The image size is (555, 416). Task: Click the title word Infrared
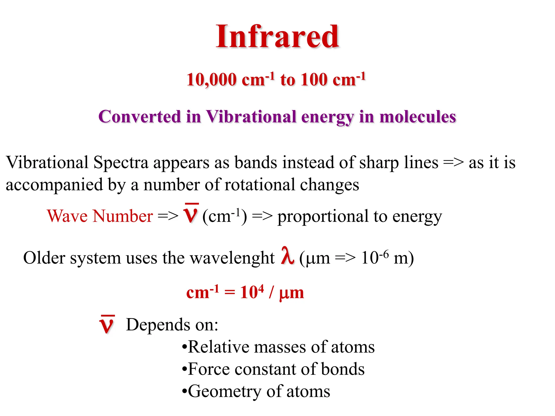pyautogui.click(x=277, y=37)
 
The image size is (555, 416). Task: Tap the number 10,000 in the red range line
pyautogui.click(x=211, y=80)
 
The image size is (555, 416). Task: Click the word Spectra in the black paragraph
pyautogui.click(x=121, y=162)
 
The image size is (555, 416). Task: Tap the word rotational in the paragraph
pyautogui.click(x=260, y=185)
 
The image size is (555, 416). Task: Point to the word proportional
pyautogui.click(x=323, y=217)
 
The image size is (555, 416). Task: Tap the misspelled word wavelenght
pyautogui.click(x=232, y=258)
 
